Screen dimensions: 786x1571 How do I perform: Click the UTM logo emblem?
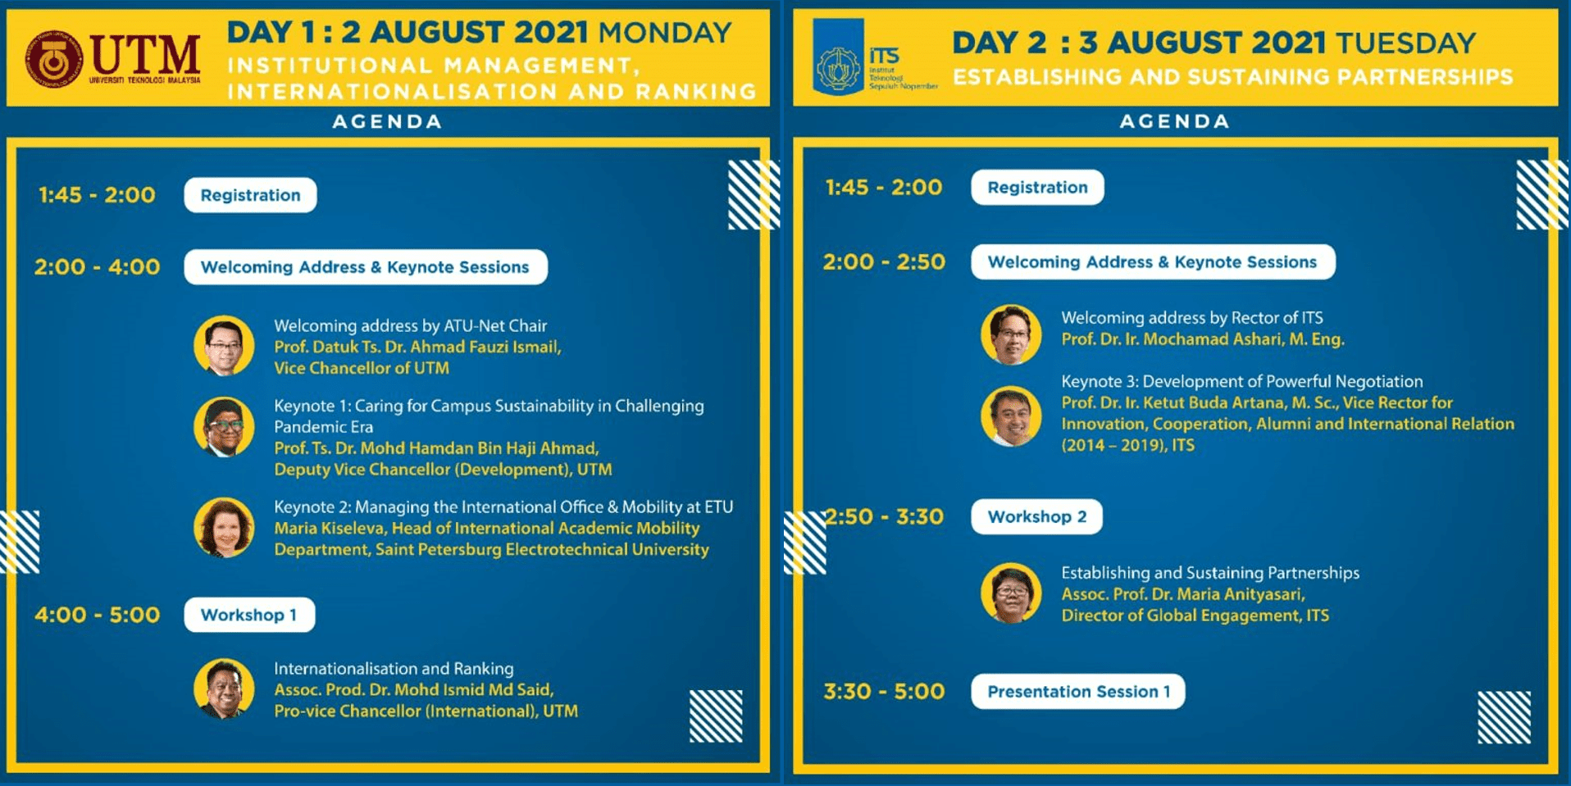(53, 59)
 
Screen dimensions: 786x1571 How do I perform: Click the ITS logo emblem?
(838, 59)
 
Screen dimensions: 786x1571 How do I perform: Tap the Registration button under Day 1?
(250, 195)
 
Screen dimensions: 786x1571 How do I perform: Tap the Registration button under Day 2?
(1037, 188)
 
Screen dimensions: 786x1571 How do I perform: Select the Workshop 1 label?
(249, 615)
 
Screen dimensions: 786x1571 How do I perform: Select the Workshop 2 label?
(1036, 517)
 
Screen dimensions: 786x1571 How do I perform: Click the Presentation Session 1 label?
(1077, 692)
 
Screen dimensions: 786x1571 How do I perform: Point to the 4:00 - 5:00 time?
(97, 615)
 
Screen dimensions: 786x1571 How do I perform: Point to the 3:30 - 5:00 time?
(884, 692)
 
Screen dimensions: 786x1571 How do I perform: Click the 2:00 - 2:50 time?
(884, 262)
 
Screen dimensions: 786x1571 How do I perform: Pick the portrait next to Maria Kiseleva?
(224, 528)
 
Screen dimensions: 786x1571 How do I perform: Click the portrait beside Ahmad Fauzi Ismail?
(224, 346)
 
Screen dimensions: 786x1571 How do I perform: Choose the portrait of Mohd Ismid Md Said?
(224, 688)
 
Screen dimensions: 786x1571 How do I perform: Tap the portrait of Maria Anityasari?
(1011, 593)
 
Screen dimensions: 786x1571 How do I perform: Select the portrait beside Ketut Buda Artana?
(1011, 416)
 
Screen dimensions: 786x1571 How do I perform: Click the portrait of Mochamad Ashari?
(1011, 334)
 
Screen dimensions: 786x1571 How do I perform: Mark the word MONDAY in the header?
(664, 33)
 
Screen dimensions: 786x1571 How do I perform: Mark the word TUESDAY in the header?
(1405, 43)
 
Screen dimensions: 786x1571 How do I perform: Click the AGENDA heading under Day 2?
(1174, 121)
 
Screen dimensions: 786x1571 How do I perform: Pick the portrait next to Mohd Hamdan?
(224, 427)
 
